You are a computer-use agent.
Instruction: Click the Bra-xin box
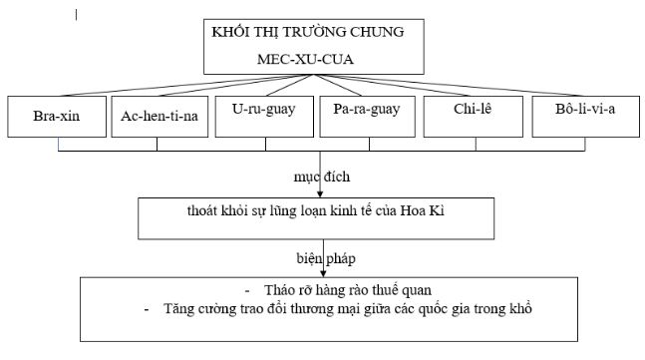pos(56,117)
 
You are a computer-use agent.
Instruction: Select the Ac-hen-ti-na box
pos(157,117)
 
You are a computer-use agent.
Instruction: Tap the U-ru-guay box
pos(262,116)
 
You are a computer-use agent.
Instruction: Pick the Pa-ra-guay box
pos(368,116)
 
